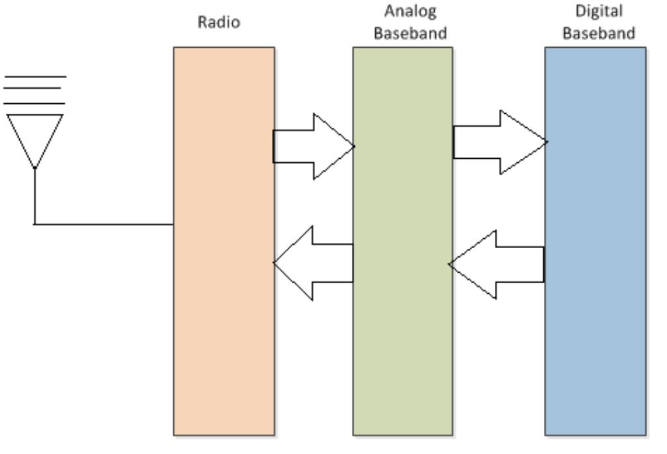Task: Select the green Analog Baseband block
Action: [402, 344]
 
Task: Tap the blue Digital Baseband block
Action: [595, 344]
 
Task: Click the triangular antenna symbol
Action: [35, 136]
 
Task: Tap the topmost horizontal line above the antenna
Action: [35, 77]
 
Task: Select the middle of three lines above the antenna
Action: [35, 91]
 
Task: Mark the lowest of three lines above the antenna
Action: [35, 104]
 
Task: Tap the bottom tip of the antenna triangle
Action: [34, 168]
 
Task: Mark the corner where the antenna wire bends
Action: [34, 224]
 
